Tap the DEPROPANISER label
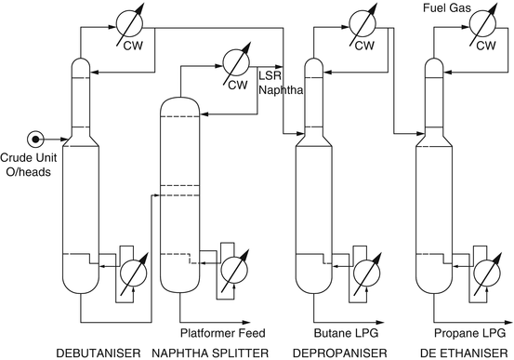click(x=332, y=353)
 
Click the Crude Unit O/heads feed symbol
click(x=36, y=140)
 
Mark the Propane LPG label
click(x=472, y=332)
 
